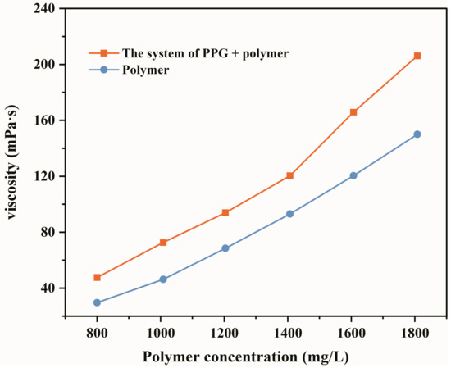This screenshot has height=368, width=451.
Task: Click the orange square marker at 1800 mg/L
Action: [x=417, y=56]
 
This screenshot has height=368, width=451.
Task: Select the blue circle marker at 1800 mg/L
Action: [x=417, y=134]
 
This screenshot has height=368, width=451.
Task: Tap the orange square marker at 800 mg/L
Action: [x=97, y=277]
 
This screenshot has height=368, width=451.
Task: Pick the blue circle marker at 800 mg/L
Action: [x=97, y=302]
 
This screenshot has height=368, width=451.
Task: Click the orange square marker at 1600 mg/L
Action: [x=353, y=112]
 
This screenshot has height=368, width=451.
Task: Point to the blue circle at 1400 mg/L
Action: [x=289, y=214]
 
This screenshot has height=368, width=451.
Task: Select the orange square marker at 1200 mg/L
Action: [x=225, y=212]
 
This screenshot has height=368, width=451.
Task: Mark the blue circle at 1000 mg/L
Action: [x=163, y=279]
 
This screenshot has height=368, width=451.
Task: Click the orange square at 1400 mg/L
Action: [x=289, y=175]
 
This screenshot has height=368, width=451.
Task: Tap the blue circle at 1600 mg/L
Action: [x=353, y=175]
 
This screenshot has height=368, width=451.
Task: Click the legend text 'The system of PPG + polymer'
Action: [x=206, y=53]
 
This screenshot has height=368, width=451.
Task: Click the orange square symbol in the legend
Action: [x=103, y=53]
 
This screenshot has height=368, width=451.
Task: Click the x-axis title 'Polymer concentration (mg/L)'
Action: [x=257, y=357]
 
